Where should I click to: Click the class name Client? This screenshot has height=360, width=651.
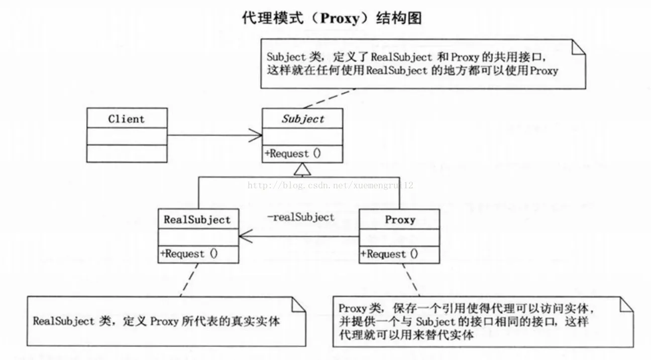tap(127, 119)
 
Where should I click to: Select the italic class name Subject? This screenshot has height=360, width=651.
tap(303, 119)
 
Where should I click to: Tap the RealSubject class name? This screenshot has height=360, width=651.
tap(197, 219)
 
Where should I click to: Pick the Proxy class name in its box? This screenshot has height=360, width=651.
tap(400, 219)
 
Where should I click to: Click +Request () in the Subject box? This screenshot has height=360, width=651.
tap(293, 154)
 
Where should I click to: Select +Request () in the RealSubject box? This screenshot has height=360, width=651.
tap(189, 254)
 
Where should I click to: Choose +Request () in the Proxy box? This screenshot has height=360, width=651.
tap(389, 254)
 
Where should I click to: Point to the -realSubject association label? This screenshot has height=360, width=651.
tap(301, 217)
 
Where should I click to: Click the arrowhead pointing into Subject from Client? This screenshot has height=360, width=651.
tap(255, 135)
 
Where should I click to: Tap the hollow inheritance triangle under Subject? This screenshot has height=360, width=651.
tap(302, 169)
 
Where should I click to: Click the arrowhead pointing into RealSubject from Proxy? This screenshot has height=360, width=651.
tap(246, 236)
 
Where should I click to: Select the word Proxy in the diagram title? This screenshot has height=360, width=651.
tap(340, 18)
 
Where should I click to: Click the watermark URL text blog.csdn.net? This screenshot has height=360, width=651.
tap(315, 185)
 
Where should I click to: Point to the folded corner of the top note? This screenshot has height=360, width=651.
tap(579, 47)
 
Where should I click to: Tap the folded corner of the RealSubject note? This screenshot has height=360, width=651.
tap(298, 304)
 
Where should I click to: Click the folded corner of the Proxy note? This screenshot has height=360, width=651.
tap(626, 304)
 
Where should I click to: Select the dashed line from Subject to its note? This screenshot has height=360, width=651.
tap(330, 98)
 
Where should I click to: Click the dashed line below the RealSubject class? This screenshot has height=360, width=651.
tap(189, 280)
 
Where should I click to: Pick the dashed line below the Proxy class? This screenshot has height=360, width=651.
tap(411, 280)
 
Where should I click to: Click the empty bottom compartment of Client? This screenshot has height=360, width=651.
tap(127, 154)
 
